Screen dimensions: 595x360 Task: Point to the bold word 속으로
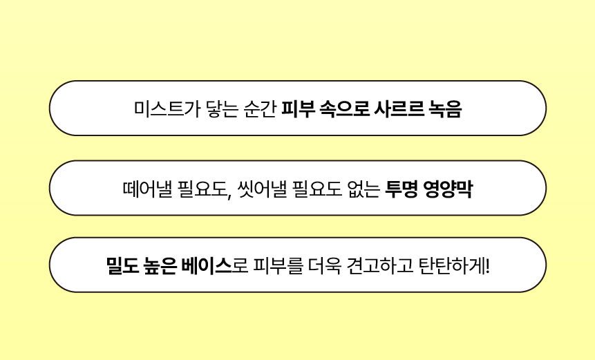[x=345, y=109]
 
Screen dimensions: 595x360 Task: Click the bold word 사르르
[x=399, y=109]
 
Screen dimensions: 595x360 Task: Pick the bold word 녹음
[x=445, y=109]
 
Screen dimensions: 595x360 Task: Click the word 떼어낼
[x=148, y=189]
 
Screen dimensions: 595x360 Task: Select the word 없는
[x=363, y=189]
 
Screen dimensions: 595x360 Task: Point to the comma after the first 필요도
[x=230, y=196]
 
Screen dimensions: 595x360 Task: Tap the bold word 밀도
[x=122, y=266]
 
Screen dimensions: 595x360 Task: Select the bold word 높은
[x=160, y=266]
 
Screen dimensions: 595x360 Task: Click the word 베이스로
[x=215, y=266]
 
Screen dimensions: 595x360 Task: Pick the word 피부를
[x=278, y=266]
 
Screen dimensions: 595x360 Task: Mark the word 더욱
[x=324, y=266]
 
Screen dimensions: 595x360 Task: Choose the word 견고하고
[x=380, y=266]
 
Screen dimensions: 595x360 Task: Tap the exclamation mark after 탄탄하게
[x=487, y=266]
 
